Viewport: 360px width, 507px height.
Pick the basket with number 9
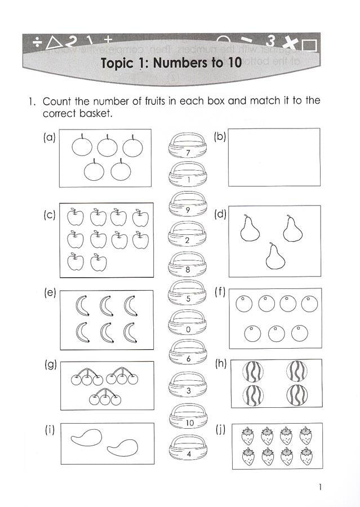click(x=188, y=206)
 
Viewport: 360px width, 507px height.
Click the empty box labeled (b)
click(x=274, y=157)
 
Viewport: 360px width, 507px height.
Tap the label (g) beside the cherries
click(x=50, y=364)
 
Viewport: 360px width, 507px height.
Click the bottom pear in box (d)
click(x=274, y=256)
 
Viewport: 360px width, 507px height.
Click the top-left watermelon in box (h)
click(x=252, y=372)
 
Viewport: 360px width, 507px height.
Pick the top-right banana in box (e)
click(x=131, y=306)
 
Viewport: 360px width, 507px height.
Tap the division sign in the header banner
click(x=37, y=42)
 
